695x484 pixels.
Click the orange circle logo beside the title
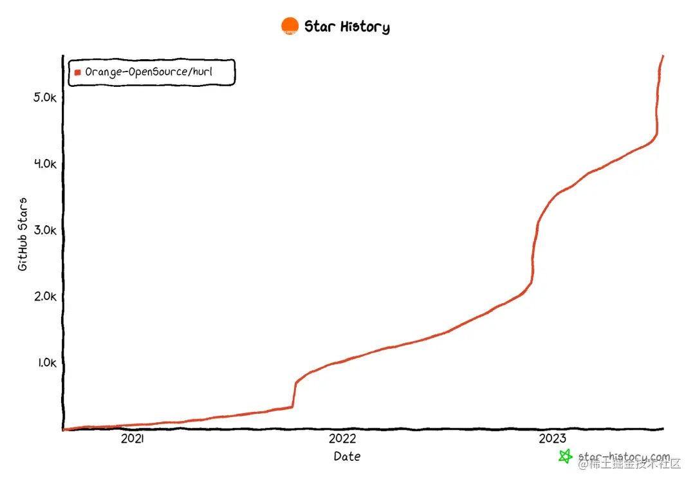(x=290, y=26)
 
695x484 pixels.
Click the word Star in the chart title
(x=319, y=26)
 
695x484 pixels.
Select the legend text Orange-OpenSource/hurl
(x=149, y=72)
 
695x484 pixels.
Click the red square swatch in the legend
(x=78, y=72)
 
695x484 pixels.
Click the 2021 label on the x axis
(x=132, y=439)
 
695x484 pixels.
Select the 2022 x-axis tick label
(x=342, y=439)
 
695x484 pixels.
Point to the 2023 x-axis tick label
(x=552, y=439)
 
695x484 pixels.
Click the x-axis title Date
(x=347, y=456)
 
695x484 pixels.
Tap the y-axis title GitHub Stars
(x=23, y=234)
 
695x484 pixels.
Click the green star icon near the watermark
(x=565, y=456)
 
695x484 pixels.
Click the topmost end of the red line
(x=663, y=57)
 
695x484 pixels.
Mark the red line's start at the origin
(x=64, y=429)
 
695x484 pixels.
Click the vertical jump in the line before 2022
(x=294, y=395)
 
